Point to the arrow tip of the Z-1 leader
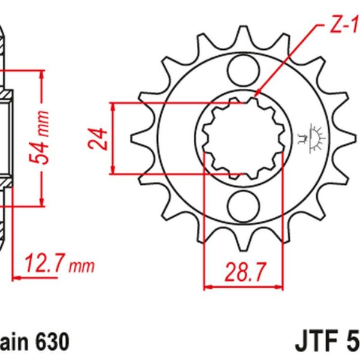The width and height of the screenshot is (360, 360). pos(256,95)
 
